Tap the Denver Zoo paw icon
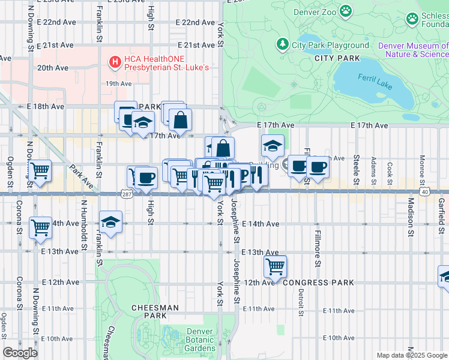click(x=345, y=11)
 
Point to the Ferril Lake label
click(x=375, y=79)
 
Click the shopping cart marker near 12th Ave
click(x=275, y=266)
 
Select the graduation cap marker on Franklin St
click(x=110, y=222)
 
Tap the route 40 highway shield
click(x=424, y=191)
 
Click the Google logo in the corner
click(x=20, y=353)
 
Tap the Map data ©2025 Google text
click(x=411, y=355)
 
